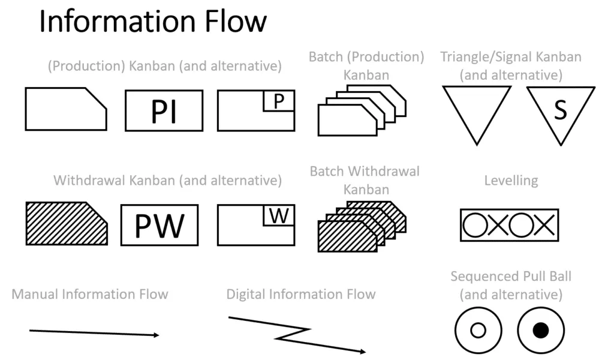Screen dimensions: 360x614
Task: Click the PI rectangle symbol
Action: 164,110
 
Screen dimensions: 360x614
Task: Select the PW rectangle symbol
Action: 159,225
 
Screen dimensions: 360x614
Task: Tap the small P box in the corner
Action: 278,102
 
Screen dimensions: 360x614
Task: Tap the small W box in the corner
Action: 279,216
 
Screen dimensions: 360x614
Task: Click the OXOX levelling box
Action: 509,225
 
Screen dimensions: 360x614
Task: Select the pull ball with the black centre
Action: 541,330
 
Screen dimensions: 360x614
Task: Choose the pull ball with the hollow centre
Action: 478,330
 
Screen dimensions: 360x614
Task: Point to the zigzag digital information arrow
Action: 297,335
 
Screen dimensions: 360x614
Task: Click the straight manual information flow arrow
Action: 94,332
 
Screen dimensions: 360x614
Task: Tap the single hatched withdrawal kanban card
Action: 66,223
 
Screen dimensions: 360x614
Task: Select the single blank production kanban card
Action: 66,109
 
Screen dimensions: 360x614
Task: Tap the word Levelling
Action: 511,181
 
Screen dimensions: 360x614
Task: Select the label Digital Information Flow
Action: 300,294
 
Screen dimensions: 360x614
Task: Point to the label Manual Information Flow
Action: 90,294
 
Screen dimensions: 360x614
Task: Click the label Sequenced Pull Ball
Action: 511,277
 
